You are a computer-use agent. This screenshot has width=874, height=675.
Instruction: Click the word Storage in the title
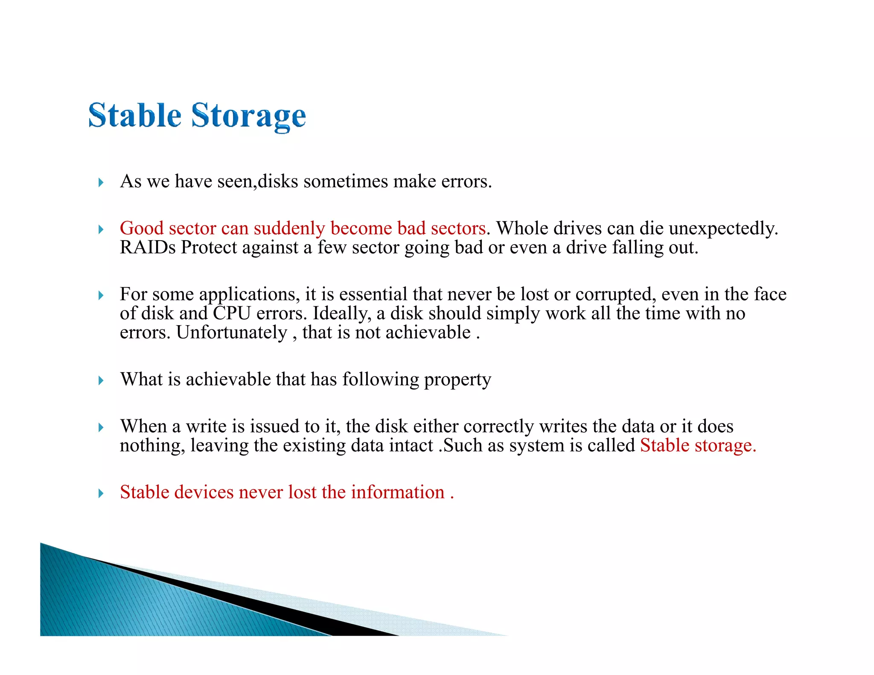pyautogui.click(x=248, y=116)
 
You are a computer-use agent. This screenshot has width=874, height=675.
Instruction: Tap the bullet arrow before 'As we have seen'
pyautogui.click(x=101, y=183)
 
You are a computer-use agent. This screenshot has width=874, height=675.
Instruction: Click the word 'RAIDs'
pyautogui.click(x=148, y=247)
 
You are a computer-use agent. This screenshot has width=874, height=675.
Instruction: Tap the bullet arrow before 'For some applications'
pyautogui.click(x=101, y=295)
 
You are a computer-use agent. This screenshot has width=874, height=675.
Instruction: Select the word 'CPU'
pyautogui.click(x=232, y=314)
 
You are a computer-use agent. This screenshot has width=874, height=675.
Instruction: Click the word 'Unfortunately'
pyautogui.click(x=232, y=333)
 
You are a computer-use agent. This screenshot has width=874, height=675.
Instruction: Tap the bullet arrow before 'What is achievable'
pyautogui.click(x=101, y=380)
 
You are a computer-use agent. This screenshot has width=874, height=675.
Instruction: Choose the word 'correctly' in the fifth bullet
pyautogui.click(x=498, y=427)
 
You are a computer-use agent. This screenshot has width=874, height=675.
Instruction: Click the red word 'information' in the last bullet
pyautogui.click(x=397, y=492)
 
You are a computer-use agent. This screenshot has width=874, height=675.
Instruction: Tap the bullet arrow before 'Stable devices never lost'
pyautogui.click(x=101, y=494)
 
